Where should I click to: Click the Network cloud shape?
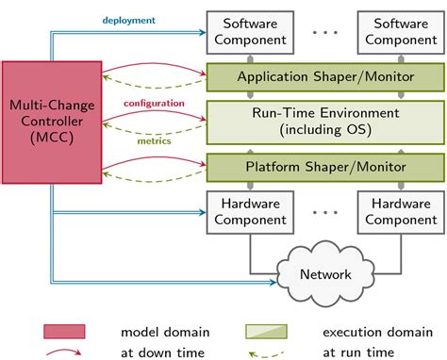(318, 273)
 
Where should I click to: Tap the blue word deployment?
(129, 19)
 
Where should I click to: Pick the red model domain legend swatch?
(64, 332)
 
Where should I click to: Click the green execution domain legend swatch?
(266, 332)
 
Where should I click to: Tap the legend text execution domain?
(369, 332)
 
